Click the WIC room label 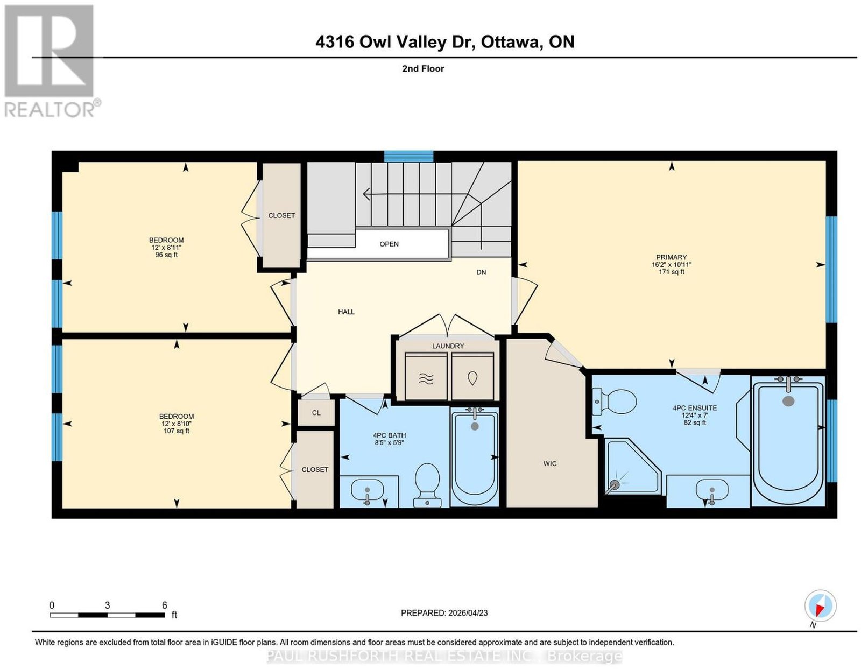(549, 463)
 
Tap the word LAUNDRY (448, 346)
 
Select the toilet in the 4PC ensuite (614, 402)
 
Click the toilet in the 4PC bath (427, 485)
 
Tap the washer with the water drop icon (472, 376)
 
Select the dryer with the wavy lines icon (426, 376)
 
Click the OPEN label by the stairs (389, 244)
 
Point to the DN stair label (481, 272)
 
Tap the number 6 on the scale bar (164, 605)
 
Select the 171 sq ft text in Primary (671, 272)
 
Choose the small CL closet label (316, 413)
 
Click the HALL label (346, 312)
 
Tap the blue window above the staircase (408, 157)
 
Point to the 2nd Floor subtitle (423, 68)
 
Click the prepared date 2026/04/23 (468, 613)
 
